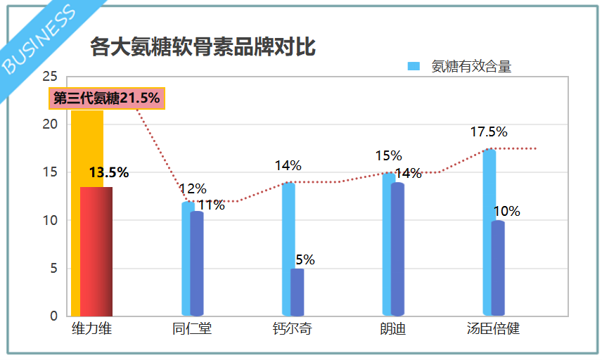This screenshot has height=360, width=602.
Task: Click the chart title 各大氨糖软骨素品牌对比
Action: (x=203, y=47)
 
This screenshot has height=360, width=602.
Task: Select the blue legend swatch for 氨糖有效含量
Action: (x=414, y=67)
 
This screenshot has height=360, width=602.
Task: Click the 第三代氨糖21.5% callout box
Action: (x=107, y=98)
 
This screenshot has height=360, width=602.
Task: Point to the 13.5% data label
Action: (x=109, y=172)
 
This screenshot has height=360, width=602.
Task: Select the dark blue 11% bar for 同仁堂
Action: (x=197, y=263)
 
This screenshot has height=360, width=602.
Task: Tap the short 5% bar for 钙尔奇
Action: (x=297, y=292)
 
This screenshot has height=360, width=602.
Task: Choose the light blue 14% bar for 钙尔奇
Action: (x=287, y=249)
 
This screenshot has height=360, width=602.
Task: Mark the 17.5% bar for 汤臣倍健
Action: (x=488, y=232)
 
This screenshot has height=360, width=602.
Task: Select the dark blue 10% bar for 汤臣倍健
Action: (x=498, y=268)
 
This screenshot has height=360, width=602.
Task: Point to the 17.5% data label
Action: (x=489, y=132)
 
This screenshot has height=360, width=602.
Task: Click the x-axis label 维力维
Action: (x=91, y=329)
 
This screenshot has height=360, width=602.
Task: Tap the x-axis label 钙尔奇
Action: (x=292, y=329)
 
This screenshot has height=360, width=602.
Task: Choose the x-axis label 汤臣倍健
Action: (x=493, y=329)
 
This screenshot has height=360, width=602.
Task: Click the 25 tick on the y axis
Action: (x=49, y=76)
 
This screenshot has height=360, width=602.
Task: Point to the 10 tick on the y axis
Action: (x=49, y=220)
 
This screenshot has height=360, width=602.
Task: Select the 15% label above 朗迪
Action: (x=388, y=156)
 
